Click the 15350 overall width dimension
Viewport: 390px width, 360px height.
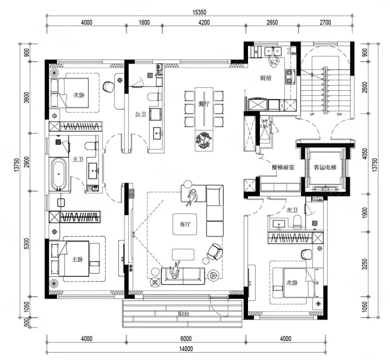coord(199,12)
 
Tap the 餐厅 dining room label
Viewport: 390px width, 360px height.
coord(204,104)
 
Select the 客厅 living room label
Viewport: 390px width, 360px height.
coord(185,224)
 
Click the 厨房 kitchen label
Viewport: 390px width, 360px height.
coord(265,78)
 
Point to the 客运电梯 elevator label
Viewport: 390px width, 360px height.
coord(325,167)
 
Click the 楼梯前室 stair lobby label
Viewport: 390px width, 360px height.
coord(283,167)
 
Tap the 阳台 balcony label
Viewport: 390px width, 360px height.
coord(183,314)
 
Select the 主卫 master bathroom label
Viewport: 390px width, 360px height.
coord(78,159)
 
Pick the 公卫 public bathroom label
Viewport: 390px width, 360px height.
coord(140,114)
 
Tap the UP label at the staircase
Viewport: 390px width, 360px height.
coord(312,114)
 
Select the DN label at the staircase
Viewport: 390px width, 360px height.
coord(339,114)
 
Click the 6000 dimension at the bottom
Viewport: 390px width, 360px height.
coord(186,338)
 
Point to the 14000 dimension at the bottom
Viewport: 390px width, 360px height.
coord(186,349)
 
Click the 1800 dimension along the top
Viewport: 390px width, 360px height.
coord(144,23)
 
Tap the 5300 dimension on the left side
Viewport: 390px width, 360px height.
coord(27,244)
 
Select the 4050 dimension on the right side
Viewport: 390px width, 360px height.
coord(364,154)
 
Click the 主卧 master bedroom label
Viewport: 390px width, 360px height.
coord(77,259)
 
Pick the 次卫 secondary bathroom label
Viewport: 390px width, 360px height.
coord(292,210)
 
